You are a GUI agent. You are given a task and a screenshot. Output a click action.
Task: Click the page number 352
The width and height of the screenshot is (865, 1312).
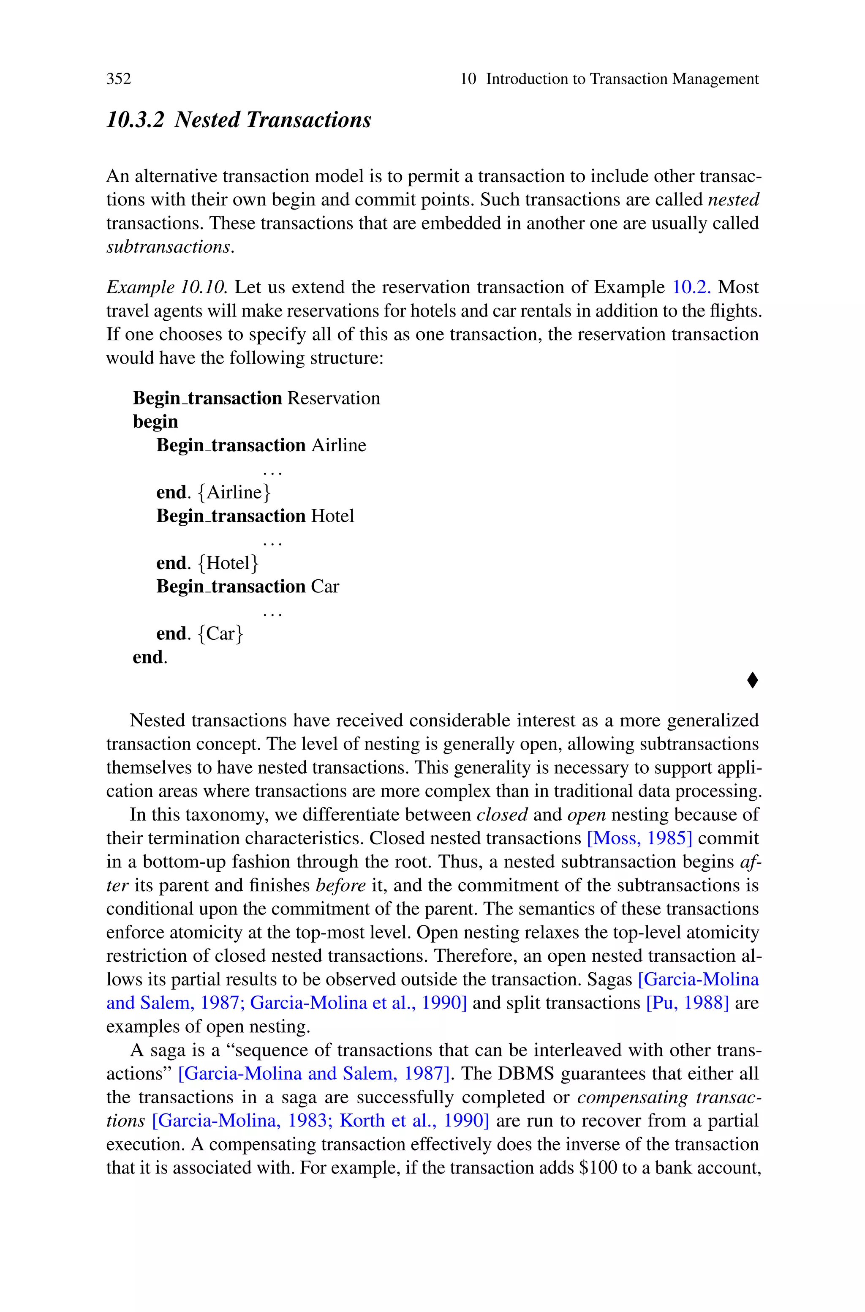[119, 79]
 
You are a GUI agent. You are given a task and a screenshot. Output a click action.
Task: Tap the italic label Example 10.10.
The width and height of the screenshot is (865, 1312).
[166, 287]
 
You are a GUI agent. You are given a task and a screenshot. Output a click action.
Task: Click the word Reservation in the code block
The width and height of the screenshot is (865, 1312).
[334, 398]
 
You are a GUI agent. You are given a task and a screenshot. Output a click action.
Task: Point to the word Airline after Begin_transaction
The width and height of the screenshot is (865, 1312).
[339, 445]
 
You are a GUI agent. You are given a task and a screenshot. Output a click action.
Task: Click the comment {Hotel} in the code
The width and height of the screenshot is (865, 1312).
[227, 563]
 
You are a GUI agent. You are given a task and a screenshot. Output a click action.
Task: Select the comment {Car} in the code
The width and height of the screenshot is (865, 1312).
[220, 633]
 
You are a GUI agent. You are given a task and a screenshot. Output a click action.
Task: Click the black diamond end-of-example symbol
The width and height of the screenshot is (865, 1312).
[752, 680]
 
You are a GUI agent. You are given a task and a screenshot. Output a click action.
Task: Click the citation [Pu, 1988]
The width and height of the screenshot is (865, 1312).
[687, 1002]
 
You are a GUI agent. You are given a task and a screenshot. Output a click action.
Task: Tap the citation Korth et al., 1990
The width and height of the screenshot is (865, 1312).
[414, 1121]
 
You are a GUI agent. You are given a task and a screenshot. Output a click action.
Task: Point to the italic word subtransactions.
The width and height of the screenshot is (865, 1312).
[169, 247]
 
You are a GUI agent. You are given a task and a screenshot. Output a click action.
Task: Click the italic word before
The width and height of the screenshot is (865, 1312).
[340, 885]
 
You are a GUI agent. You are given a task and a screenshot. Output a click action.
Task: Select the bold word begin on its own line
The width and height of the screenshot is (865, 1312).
[155, 422]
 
